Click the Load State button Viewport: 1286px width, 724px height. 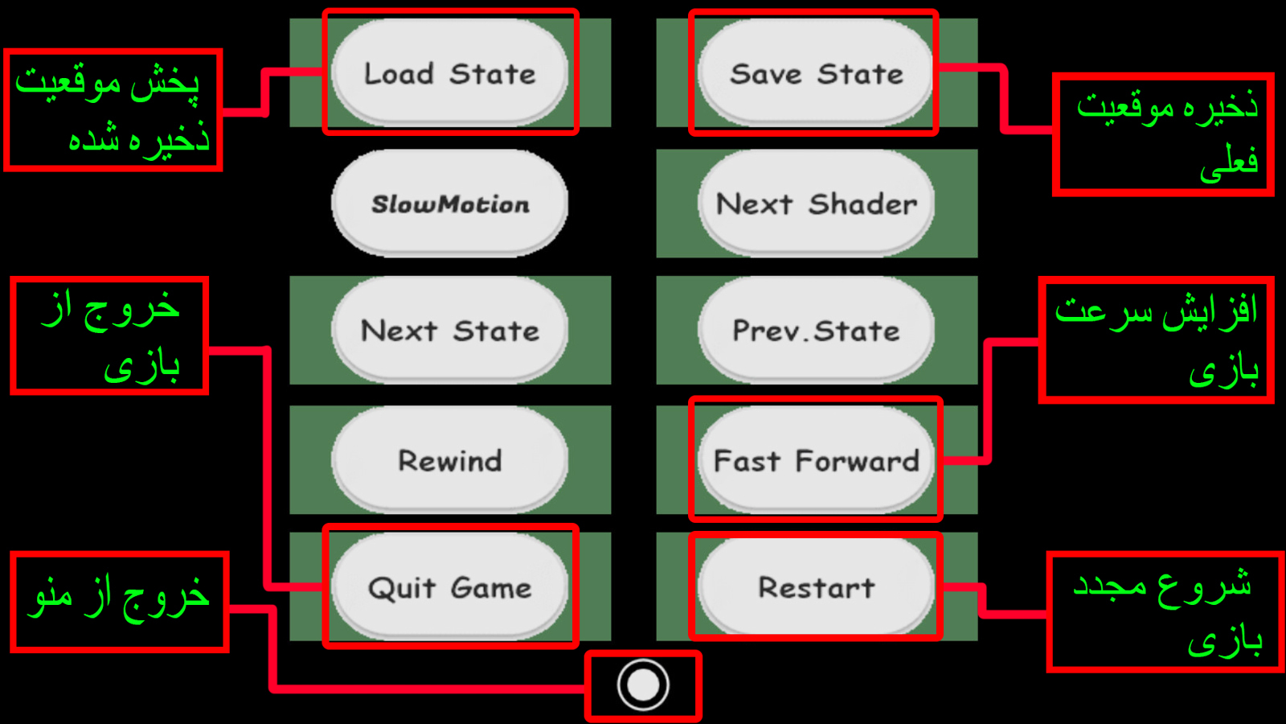[449, 73]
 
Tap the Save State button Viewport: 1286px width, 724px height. [816, 73]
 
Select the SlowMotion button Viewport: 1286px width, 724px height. [449, 204]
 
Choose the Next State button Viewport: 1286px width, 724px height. [449, 330]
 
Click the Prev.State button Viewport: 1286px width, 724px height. [816, 330]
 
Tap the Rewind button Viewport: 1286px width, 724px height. [449, 460]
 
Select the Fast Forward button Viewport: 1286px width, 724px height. [816, 460]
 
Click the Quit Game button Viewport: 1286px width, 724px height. [449, 587]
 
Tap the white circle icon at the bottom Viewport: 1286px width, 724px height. [643, 685]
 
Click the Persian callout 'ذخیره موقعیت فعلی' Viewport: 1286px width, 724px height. [1163, 134]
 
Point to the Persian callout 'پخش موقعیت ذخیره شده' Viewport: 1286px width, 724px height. [113, 109]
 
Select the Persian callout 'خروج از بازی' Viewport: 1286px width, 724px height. [109, 335]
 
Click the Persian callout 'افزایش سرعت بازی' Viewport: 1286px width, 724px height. [1156, 339]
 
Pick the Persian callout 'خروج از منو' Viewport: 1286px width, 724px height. [119, 601]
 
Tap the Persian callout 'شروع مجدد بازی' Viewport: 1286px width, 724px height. [1164, 612]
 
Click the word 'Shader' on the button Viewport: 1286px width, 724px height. [862, 204]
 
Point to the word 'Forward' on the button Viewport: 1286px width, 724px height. [857, 460]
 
